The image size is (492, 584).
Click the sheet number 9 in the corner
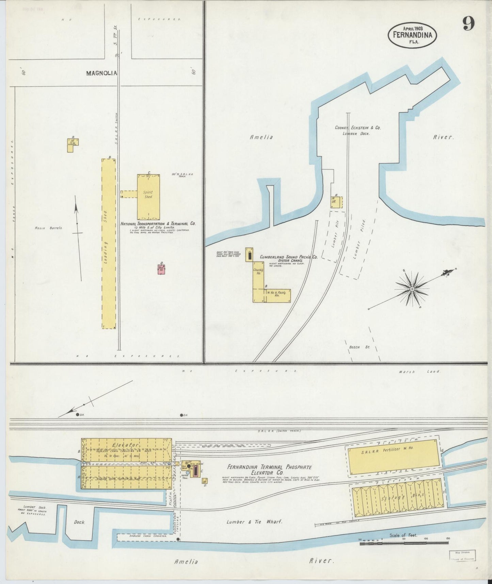click(x=469, y=24)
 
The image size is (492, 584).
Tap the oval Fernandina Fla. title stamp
click(x=412, y=34)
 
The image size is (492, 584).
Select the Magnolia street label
click(x=101, y=73)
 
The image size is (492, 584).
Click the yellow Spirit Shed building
click(x=148, y=197)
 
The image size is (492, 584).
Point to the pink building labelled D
click(x=161, y=270)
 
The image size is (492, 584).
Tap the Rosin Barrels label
click(x=48, y=228)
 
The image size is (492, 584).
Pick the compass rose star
click(x=412, y=289)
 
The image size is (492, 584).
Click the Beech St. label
click(x=354, y=347)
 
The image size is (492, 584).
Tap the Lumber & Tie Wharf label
click(x=254, y=522)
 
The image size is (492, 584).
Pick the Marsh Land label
click(x=419, y=371)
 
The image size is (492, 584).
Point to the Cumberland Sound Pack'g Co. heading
click(x=288, y=257)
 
